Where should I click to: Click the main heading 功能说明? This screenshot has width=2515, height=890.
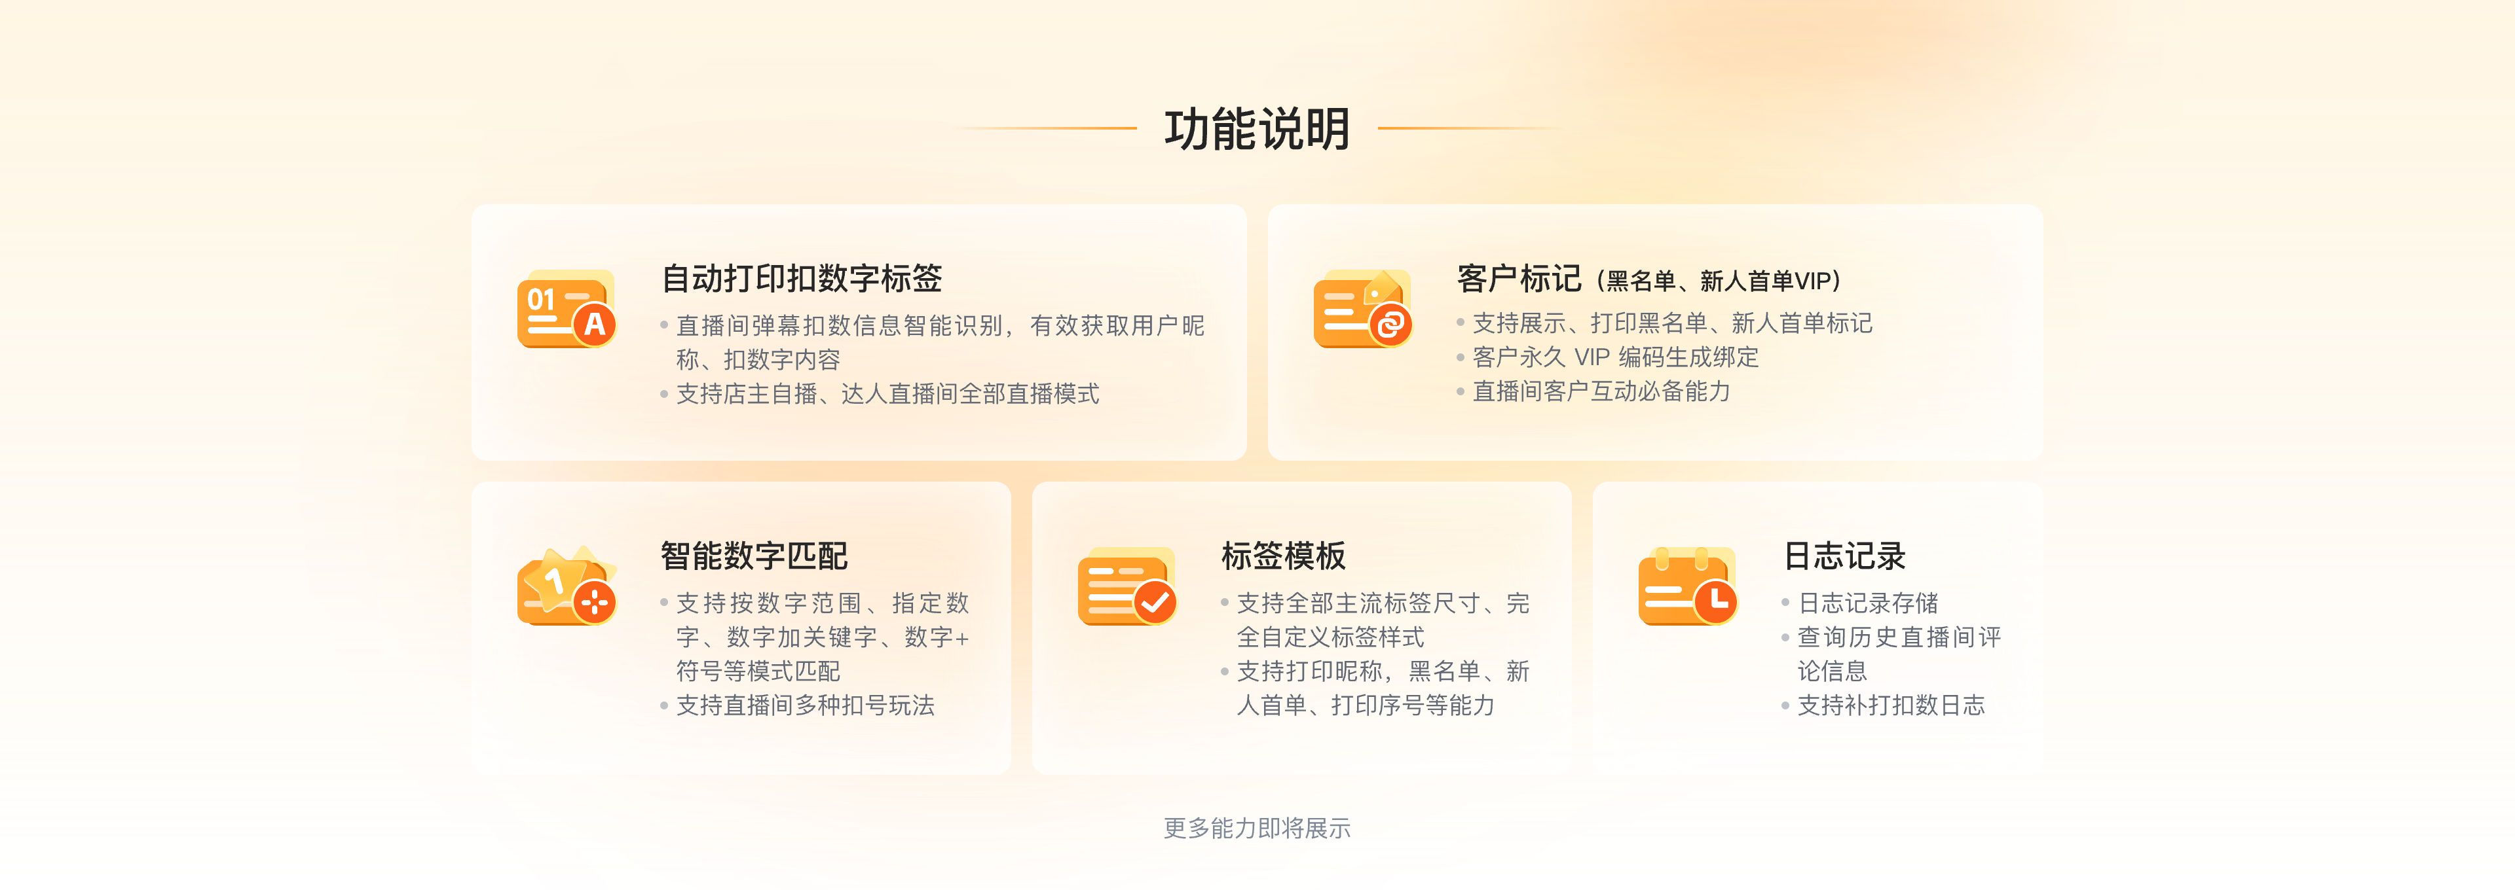[x=1257, y=129]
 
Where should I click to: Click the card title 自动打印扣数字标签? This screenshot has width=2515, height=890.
[x=802, y=279]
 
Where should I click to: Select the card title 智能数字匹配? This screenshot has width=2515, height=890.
[x=754, y=556]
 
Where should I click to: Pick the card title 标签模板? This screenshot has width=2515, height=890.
[x=1283, y=556]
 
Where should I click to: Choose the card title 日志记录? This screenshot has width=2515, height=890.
[x=1844, y=556]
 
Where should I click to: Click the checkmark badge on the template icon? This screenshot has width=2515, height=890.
[x=1155, y=602]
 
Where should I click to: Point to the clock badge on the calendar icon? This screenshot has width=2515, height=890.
[x=1715, y=602]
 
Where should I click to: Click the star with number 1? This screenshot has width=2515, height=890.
[x=553, y=580]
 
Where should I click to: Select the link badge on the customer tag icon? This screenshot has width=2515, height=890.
[x=1390, y=324]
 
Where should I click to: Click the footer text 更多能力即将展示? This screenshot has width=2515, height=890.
[x=1257, y=828]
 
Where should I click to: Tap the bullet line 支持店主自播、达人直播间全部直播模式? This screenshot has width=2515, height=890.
[x=887, y=394]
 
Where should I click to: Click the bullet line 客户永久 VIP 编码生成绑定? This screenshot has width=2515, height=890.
[x=1615, y=358]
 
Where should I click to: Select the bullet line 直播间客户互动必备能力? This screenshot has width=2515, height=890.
[x=1601, y=392]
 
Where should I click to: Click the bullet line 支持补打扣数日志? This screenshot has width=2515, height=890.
[x=1890, y=705]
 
